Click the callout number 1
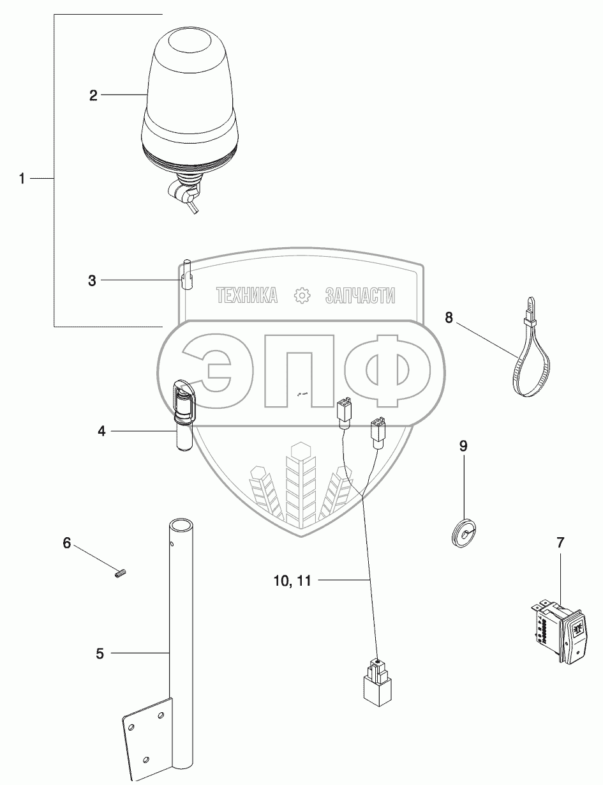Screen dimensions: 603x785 tap(22, 179)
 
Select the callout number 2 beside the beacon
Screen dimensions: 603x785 tap(93, 96)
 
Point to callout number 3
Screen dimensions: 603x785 tap(92, 280)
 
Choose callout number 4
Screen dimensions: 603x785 tap(101, 431)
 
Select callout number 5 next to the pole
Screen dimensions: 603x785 tap(99, 653)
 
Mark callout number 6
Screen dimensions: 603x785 tap(66, 544)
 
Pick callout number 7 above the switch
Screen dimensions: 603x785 tap(560, 544)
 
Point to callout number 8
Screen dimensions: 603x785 tap(449, 317)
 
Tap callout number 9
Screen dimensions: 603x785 tap(463, 445)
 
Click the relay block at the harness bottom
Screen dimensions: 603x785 tap(377, 684)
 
